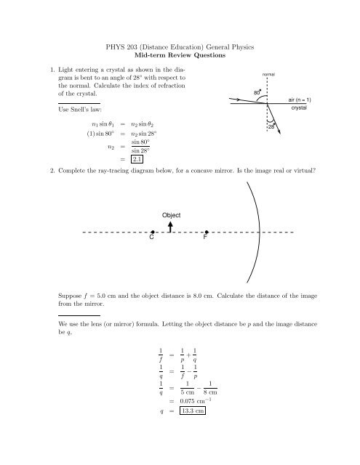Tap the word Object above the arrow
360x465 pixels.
(x=172, y=215)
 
